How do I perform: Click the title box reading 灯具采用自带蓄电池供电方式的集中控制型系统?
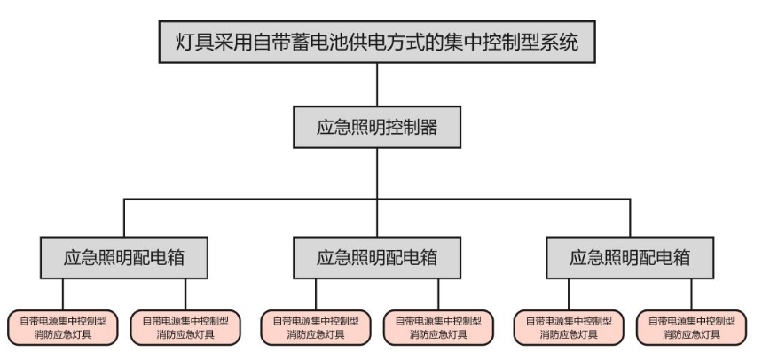(377, 42)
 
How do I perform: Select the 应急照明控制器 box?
(377, 128)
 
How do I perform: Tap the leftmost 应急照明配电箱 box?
(124, 257)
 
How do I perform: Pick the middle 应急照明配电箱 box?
(377, 257)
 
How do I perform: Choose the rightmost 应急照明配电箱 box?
(631, 257)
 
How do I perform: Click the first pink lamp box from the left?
(63, 328)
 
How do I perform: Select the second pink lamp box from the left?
(185, 328)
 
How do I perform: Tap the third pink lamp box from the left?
(316, 328)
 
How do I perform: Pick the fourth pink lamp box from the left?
(438, 328)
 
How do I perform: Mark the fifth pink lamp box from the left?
(569, 328)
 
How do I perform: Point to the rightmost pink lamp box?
(692, 328)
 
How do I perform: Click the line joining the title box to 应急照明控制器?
(377, 84)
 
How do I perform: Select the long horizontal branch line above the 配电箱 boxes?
(377, 200)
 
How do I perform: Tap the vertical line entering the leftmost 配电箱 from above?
(124, 217)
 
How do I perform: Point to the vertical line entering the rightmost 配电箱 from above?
(631, 217)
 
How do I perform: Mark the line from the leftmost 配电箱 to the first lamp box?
(63, 294)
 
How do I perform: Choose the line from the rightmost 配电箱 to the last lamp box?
(692, 294)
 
